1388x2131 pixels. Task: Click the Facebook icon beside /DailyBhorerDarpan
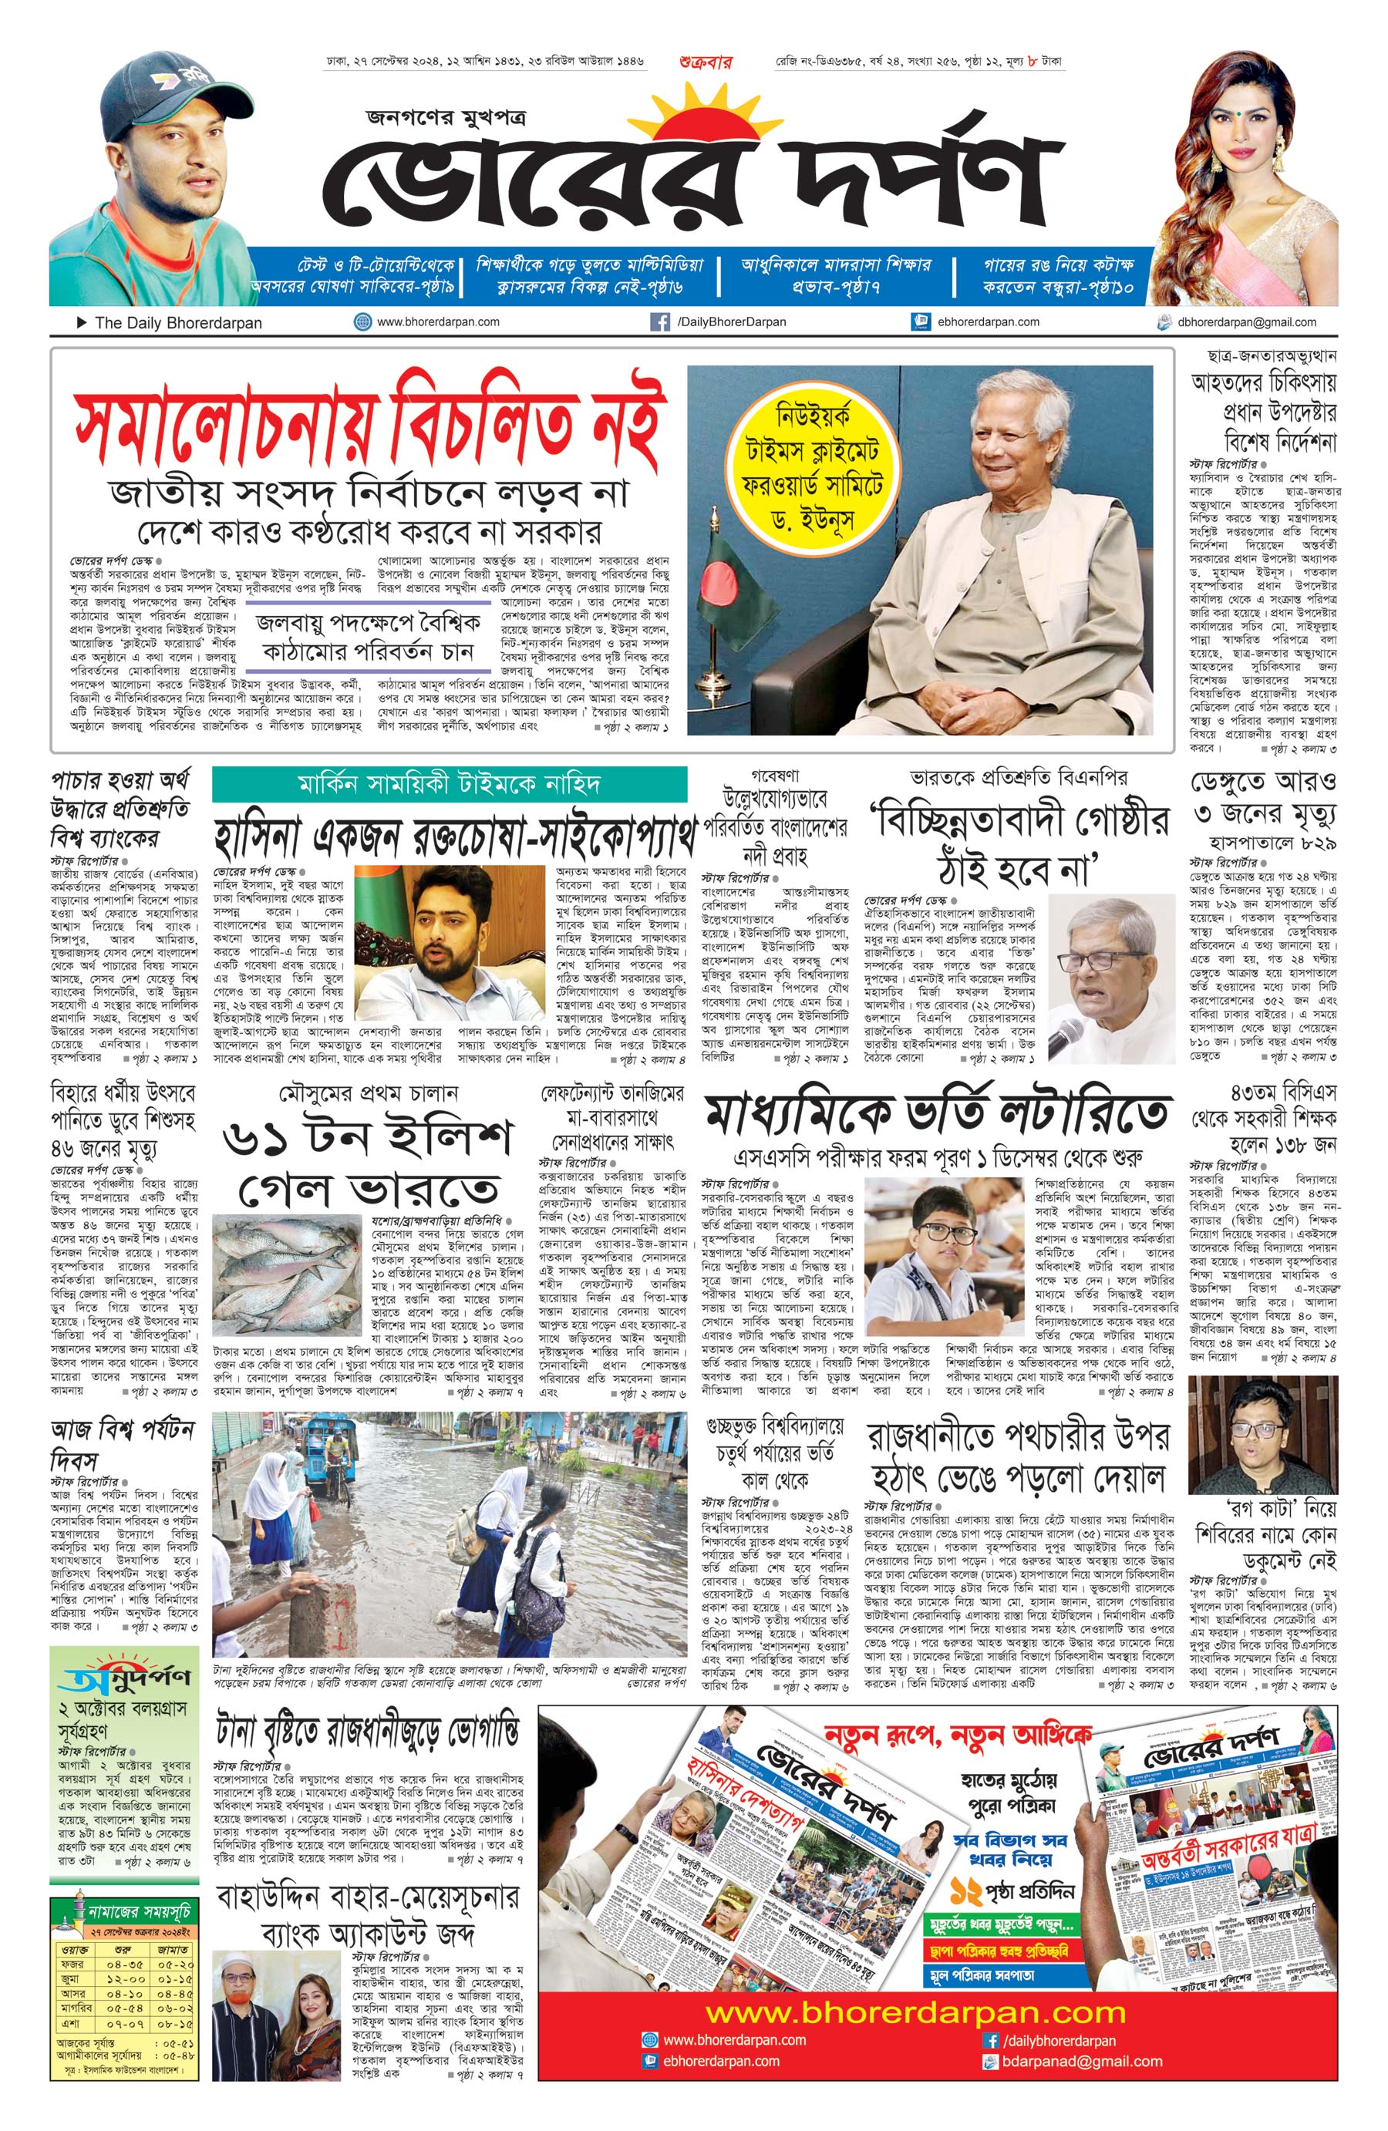(x=659, y=322)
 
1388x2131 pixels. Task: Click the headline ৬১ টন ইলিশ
(x=367, y=1137)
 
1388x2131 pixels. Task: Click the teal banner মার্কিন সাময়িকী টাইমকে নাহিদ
(x=449, y=785)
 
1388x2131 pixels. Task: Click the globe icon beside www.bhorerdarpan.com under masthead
(x=362, y=322)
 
